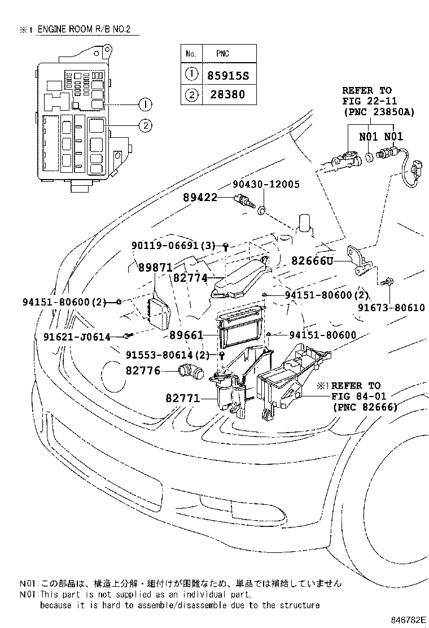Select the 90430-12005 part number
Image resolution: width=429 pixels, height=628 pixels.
click(266, 185)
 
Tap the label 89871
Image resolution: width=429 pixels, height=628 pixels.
click(155, 268)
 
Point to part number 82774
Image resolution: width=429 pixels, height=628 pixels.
click(190, 278)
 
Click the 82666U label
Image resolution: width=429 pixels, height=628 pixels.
click(313, 260)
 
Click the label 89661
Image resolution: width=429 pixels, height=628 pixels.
click(186, 335)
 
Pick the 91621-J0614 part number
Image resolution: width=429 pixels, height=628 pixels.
click(76, 337)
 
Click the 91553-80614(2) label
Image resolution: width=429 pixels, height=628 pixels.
click(167, 355)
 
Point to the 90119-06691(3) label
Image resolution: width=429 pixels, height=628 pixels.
click(173, 246)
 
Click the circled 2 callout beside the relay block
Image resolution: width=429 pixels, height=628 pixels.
click(146, 126)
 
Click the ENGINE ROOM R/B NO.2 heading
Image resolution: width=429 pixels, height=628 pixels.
click(84, 29)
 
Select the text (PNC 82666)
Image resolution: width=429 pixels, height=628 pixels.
click(365, 407)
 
